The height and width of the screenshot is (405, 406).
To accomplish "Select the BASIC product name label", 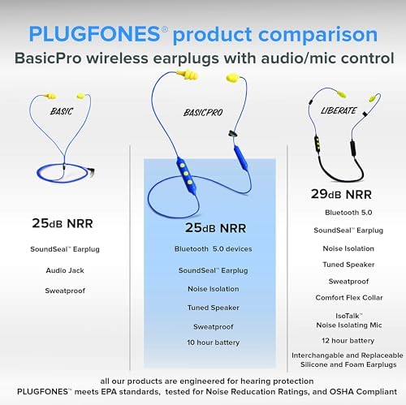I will click(x=62, y=110).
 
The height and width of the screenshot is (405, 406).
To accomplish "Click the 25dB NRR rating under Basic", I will click(x=65, y=222).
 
